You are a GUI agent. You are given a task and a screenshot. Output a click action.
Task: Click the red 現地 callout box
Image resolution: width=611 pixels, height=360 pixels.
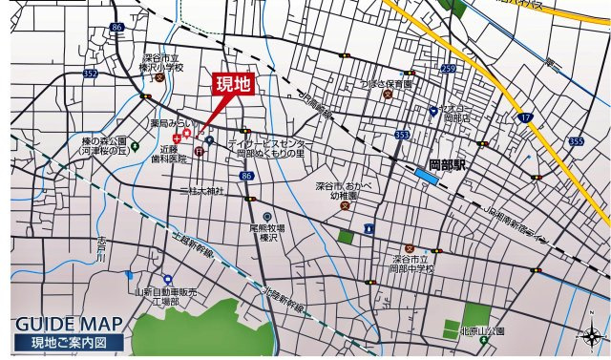coord(233,84)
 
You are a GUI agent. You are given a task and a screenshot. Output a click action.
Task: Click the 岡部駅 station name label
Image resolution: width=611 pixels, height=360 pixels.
coord(447,163)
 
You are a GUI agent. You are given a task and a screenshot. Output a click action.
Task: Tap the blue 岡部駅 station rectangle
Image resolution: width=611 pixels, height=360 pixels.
coord(427,177)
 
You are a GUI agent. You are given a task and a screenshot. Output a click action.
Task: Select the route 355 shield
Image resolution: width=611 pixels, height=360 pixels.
coord(575,140)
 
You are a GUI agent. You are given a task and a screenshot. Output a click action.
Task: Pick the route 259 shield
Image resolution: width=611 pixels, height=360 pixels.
coord(449,69)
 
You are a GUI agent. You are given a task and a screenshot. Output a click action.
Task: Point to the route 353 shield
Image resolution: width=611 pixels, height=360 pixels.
coord(402,137)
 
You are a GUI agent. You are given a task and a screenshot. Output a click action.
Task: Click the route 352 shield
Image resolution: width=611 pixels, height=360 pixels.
coord(90,73)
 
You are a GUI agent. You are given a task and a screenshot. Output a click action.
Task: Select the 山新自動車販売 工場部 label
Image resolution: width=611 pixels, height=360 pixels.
coord(165,296)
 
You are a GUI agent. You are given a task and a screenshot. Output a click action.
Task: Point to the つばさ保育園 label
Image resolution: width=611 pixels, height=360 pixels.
coord(386,84)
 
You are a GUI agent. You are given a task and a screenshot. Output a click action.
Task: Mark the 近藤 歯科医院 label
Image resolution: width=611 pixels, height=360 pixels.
coord(174,155)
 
